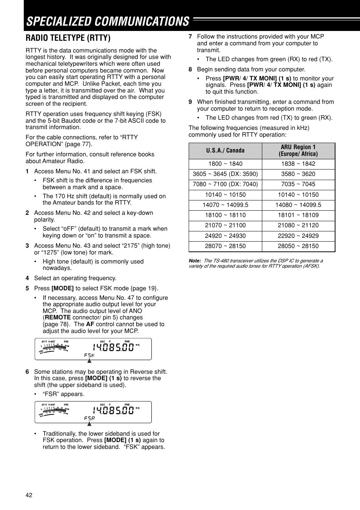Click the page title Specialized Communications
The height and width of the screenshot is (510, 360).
(x=108, y=22)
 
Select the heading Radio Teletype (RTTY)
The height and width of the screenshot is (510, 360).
(x=68, y=38)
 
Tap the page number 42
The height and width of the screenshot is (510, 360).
(x=29, y=495)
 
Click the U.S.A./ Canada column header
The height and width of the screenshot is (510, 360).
(x=225, y=151)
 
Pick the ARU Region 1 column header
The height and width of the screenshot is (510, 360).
(x=298, y=151)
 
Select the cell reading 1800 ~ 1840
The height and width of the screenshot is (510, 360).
(x=225, y=164)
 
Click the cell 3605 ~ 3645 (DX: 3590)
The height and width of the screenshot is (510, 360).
(x=225, y=174)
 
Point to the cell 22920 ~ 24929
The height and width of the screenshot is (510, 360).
(x=298, y=236)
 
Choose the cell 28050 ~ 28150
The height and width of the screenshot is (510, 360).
(x=298, y=246)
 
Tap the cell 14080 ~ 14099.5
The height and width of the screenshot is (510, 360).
(x=298, y=205)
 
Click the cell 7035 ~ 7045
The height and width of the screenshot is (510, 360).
(x=298, y=184)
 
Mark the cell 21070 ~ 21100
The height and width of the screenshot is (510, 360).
(x=225, y=225)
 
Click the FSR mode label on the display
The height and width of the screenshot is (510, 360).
(x=89, y=418)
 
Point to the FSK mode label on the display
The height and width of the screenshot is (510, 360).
(x=89, y=355)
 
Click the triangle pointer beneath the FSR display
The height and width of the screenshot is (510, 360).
(x=89, y=424)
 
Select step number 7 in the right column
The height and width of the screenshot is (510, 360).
(x=190, y=37)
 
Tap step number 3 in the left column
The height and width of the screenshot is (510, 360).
(x=27, y=246)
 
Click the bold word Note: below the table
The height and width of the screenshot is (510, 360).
(x=195, y=261)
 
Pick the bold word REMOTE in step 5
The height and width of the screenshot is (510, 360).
(x=58, y=317)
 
